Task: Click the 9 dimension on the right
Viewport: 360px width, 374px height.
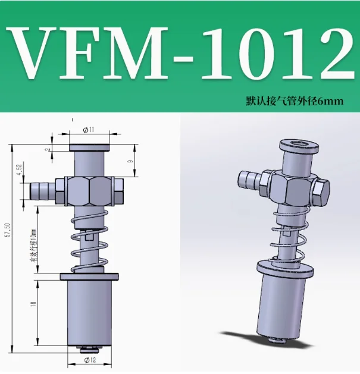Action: click(130, 161)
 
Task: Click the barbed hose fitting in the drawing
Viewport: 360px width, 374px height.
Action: click(41, 191)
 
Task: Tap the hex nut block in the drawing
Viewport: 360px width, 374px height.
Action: click(89, 191)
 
